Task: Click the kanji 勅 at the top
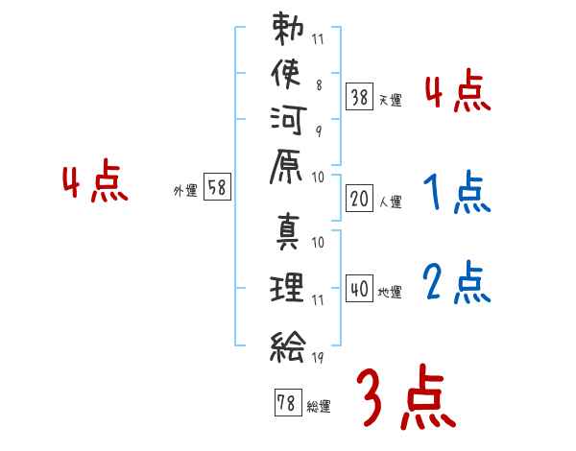[289, 28]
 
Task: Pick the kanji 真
[289, 234]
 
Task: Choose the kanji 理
[289, 287]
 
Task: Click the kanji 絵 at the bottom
[289, 342]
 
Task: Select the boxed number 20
[359, 201]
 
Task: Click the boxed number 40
[359, 289]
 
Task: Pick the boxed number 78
[286, 404]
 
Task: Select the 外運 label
[185, 191]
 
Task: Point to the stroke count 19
[319, 357]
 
